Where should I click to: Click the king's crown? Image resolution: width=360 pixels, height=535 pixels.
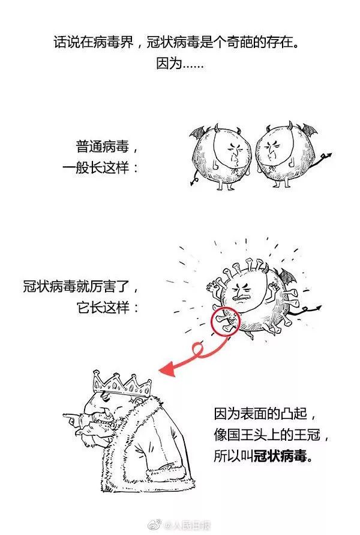(x=122, y=384)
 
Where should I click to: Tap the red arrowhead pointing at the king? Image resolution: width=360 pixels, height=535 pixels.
(x=169, y=369)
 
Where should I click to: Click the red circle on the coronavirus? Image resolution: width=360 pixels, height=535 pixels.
(x=226, y=321)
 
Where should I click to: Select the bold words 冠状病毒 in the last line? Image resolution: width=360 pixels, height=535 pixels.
(x=280, y=456)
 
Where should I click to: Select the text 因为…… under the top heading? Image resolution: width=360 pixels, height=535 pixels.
(x=179, y=64)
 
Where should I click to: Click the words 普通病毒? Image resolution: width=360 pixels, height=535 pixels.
(x=102, y=147)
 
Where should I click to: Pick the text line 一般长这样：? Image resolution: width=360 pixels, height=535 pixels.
(x=101, y=168)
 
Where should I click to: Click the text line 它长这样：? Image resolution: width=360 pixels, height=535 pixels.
(x=108, y=307)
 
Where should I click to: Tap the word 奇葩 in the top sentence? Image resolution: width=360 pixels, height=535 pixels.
(x=239, y=42)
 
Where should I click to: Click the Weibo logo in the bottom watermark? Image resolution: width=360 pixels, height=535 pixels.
(x=156, y=524)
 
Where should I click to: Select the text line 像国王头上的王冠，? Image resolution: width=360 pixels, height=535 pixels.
(x=272, y=435)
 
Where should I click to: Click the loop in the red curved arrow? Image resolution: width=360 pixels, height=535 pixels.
(x=199, y=349)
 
